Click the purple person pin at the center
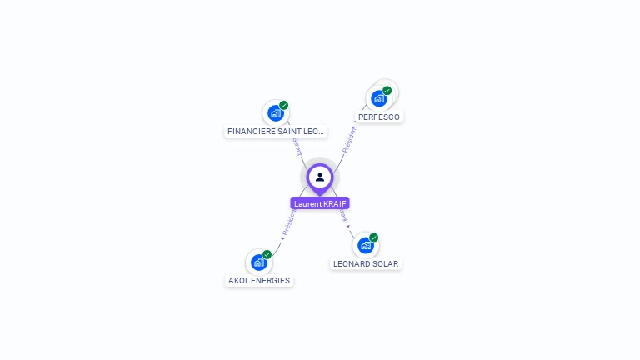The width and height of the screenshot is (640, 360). (x=320, y=177)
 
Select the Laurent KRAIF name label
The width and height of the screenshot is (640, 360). (x=320, y=203)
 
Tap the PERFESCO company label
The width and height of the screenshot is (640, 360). (x=379, y=117)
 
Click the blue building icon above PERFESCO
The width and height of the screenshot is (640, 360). (x=379, y=98)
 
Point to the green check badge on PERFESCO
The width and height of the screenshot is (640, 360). (x=387, y=90)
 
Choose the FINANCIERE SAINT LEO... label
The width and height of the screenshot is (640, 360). (x=275, y=132)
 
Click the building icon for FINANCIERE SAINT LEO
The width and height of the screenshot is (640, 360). (x=275, y=113)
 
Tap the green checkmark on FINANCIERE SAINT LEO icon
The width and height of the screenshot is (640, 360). (x=284, y=105)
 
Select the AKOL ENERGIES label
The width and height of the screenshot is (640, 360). (x=259, y=281)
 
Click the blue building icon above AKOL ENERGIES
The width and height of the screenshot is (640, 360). (x=258, y=262)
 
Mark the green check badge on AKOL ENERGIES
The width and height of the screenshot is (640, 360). (x=267, y=254)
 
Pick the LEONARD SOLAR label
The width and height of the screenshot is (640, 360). (x=366, y=264)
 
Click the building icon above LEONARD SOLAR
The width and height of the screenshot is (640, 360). (x=365, y=245)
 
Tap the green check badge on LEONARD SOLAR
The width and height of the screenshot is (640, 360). (x=374, y=237)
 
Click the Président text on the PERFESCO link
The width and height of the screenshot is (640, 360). (x=350, y=137)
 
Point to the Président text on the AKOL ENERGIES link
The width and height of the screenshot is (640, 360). (x=288, y=223)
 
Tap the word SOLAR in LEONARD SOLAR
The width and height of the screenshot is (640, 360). (x=384, y=264)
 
